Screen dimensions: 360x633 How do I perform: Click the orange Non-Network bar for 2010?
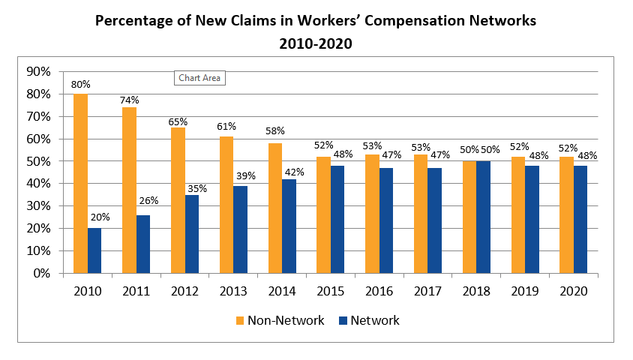[x=80, y=183]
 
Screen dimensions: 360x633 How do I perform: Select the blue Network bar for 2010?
[x=94, y=250]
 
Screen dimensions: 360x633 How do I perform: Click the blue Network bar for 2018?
[x=483, y=217]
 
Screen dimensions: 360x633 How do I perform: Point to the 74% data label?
[x=129, y=100]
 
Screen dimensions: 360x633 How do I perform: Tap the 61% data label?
[x=226, y=127]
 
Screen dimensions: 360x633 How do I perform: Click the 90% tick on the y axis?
[x=37, y=72]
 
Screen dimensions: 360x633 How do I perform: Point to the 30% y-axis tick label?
[x=37, y=206]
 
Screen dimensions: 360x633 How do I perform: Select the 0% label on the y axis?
[x=40, y=274]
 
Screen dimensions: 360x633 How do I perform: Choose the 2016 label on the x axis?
[x=379, y=290]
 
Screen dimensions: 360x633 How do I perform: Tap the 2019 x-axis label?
[x=524, y=290]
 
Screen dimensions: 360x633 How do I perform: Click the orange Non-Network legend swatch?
[x=241, y=321]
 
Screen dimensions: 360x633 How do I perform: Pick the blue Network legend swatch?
[x=343, y=321]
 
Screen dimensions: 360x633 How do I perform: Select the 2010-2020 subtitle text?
[x=316, y=44]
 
